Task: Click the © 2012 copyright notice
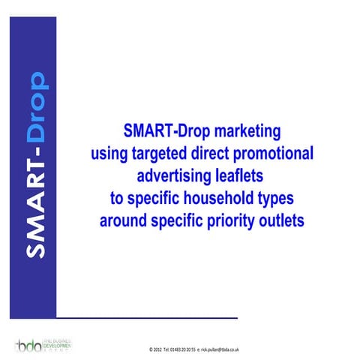[155, 349]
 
